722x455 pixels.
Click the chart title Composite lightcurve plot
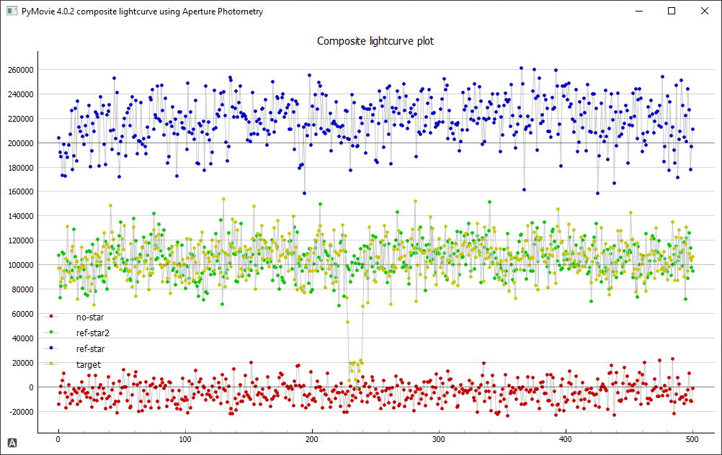[375, 41]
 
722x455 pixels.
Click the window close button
[704, 11]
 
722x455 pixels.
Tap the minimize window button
[638, 11]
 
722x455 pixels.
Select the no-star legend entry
[90, 317]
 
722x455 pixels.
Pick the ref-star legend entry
[90, 348]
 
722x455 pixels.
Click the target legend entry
[89, 365]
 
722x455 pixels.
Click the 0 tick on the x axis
[58, 439]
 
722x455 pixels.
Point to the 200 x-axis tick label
[312, 439]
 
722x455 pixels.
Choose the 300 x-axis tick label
[439, 439]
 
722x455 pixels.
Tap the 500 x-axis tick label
[692, 439]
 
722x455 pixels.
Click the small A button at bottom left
[12, 442]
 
